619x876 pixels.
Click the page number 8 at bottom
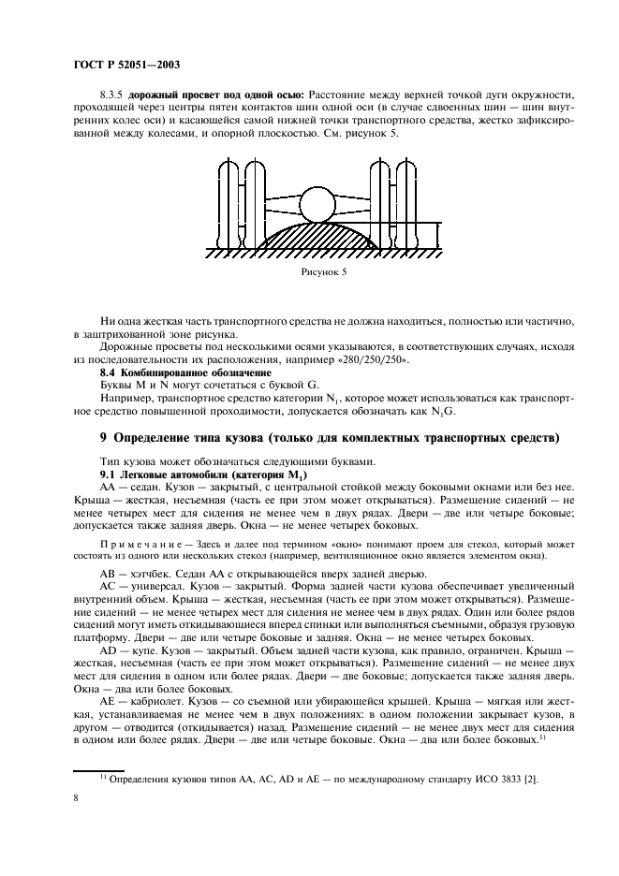point(77,796)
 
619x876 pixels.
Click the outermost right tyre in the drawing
point(409,206)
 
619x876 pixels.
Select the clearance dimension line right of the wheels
point(433,235)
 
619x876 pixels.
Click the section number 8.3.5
point(112,95)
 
